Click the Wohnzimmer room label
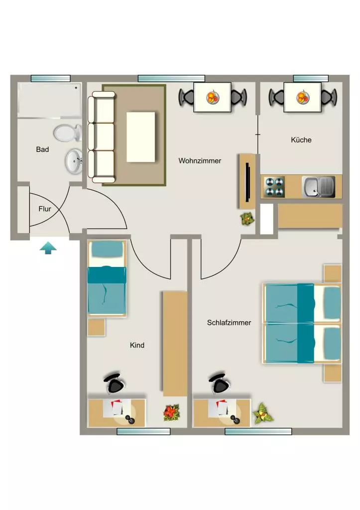click(200, 161)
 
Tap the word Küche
click(301, 140)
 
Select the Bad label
click(42, 149)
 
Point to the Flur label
click(44, 209)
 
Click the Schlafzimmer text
click(229, 323)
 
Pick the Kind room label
click(137, 345)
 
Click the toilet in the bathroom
click(68, 133)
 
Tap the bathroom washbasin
click(74, 161)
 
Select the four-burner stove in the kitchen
click(275, 187)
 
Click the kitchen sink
click(318, 187)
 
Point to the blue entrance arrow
click(48, 248)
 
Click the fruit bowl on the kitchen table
click(303, 97)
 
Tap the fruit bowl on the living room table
click(212, 97)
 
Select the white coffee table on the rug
click(140, 137)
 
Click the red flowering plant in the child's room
click(171, 412)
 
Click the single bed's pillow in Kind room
click(107, 249)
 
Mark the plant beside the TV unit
click(247, 219)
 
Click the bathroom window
click(50, 78)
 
